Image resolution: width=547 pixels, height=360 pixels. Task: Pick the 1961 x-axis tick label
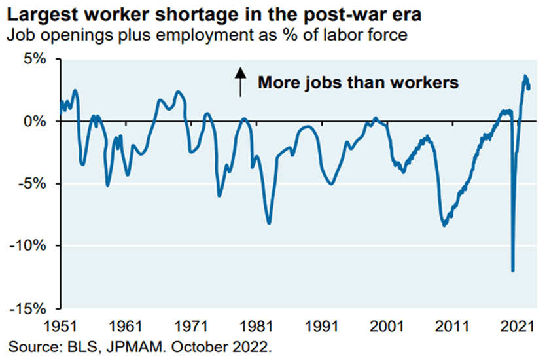click(127, 325)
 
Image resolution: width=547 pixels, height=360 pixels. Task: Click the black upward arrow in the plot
click(240, 82)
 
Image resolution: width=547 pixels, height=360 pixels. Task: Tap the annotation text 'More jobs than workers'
click(357, 83)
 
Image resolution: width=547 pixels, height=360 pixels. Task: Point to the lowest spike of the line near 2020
click(513, 270)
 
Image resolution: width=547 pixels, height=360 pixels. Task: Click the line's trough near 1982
click(269, 223)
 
